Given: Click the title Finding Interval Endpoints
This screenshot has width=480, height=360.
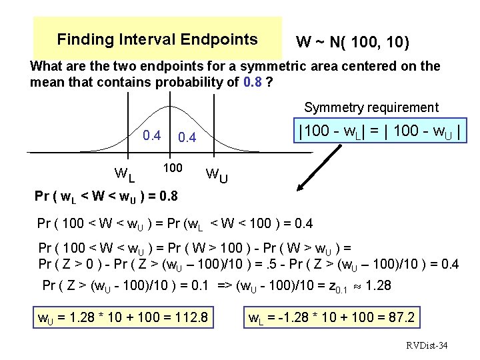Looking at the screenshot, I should (x=157, y=39).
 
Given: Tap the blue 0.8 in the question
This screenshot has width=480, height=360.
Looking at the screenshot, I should (x=253, y=83).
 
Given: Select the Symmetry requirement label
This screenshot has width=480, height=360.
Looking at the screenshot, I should (x=371, y=107).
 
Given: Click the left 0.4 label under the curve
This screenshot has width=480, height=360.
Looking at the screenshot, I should (x=152, y=135).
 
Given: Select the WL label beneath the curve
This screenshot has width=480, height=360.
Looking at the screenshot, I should (x=125, y=175).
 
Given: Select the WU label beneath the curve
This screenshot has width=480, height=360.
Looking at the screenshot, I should (x=217, y=175).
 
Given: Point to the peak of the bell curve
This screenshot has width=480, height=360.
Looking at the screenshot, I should (x=170, y=107).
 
